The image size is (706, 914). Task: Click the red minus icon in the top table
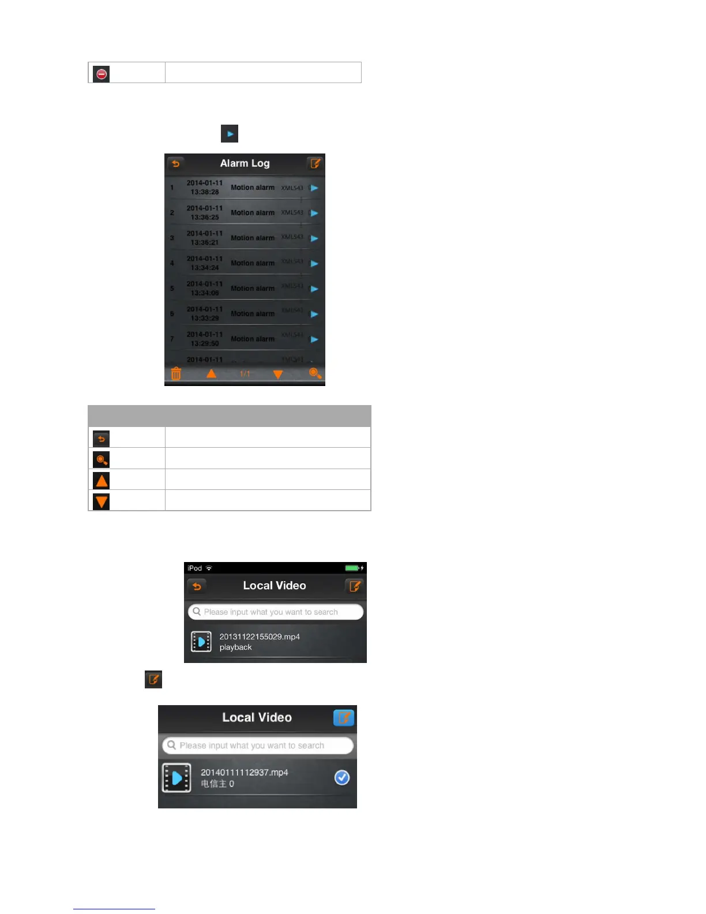coord(102,74)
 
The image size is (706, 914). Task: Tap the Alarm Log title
coord(245,163)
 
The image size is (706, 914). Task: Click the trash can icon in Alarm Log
coord(176,374)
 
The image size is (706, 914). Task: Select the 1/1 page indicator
coord(245,374)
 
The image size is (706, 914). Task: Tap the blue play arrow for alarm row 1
coord(314,188)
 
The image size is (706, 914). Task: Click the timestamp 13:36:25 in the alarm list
coord(205,217)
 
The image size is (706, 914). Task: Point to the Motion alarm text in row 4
coord(253,263)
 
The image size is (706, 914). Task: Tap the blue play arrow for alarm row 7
coord(314,339)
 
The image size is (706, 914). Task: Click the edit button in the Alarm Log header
coord(315,163)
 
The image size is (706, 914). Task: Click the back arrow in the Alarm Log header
coord(176,163)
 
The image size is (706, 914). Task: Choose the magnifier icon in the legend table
coord(102,459)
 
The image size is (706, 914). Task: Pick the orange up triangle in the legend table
coord(102,480)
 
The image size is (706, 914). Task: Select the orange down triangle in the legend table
coord(102,501)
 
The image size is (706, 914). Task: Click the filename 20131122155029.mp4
coord(260,636)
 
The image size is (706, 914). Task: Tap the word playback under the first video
coord(235,647)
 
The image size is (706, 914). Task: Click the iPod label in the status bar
coord(195,568)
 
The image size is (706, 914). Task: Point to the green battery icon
coord(352,568)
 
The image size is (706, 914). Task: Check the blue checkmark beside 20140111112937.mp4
coord(342,778)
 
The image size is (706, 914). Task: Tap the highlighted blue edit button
coord(344,718)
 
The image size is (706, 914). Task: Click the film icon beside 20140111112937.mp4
coord(176,778)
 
